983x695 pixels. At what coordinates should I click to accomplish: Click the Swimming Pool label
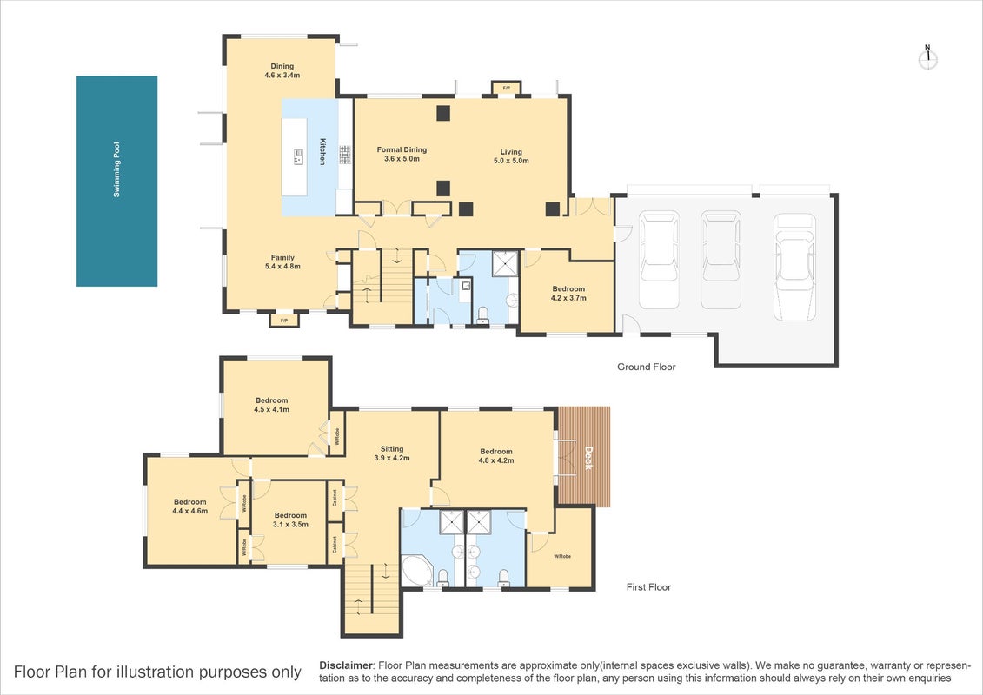pos(116,169)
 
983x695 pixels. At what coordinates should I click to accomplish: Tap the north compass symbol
pos(928,57)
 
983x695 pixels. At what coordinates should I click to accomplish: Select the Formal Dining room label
pos(402,154)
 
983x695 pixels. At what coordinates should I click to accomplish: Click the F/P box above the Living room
pos(506,88)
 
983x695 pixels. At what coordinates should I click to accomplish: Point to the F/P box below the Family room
pos(284,321)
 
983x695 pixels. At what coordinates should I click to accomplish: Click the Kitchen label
pos(322,151)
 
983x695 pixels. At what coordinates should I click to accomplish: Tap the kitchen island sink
pos(298,156)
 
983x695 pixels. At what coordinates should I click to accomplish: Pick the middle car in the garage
pos(721,260)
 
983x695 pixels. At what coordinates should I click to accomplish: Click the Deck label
pos(588,458)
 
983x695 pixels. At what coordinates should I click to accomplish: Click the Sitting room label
pos(392,453)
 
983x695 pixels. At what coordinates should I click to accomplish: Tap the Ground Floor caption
pos(647,367)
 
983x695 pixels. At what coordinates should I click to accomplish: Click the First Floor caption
pos(649,587)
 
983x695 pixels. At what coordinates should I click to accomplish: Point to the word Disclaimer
pos(347,665)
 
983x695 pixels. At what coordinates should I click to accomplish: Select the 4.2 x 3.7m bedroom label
pos(568,294)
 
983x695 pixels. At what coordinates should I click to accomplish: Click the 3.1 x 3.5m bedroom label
pos(290,520)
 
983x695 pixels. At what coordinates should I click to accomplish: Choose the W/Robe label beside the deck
pos(562,557)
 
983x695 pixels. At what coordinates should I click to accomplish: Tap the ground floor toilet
pos(482,314)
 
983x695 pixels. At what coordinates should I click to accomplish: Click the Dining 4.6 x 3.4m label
pos(282,70)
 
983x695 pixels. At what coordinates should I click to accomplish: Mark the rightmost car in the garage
pos(795,267)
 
